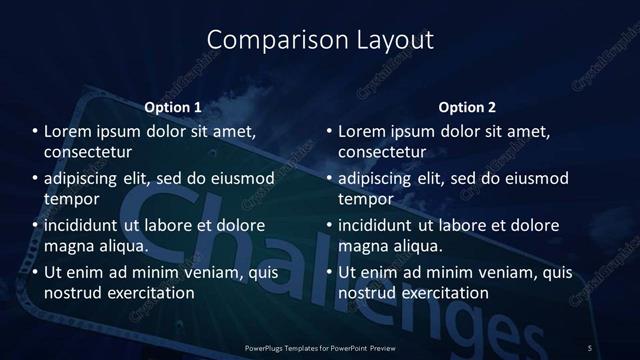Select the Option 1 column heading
tap(173, 107)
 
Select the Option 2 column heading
tap(467, 107)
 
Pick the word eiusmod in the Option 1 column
tap(240, 179)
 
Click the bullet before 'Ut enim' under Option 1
tap(35, 272)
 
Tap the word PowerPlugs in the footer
tap(265, 348)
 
